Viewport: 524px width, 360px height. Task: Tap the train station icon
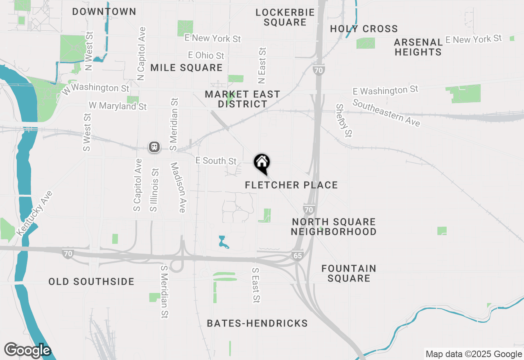pos(154,147)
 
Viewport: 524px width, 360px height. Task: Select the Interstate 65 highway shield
pos(298,255)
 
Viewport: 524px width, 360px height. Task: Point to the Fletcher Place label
pos(291,185)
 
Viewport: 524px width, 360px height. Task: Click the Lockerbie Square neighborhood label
pos(285,17)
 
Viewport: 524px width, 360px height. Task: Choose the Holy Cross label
pos(364,29)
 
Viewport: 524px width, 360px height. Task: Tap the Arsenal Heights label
pos(418,47)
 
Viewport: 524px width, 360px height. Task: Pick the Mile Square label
pos(186,67)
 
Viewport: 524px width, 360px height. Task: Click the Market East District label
pos(242,99)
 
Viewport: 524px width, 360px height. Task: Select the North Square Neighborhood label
pos(334,227)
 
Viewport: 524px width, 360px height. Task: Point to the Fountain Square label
pos(348,273)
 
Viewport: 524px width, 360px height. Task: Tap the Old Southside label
pos(91,281)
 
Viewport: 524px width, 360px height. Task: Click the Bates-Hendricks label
pos(257,323)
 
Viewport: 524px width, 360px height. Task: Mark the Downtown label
pos(104,11)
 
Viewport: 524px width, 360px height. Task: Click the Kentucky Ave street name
pos(35,213)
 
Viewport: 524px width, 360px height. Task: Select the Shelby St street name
pos(344,120)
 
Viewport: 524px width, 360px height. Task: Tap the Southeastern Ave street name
pos(386,113)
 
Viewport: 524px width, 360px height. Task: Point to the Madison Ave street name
pos(178,187)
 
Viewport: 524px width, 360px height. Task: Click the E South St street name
pos(216,161)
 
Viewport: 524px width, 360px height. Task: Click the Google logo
pos(28,350)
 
